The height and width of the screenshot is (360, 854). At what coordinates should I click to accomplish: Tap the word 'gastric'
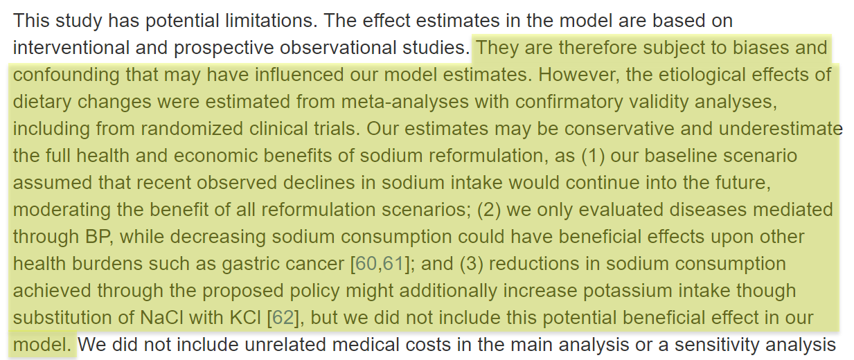(260, 264)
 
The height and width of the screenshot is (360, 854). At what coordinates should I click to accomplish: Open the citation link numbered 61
(393, 264)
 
